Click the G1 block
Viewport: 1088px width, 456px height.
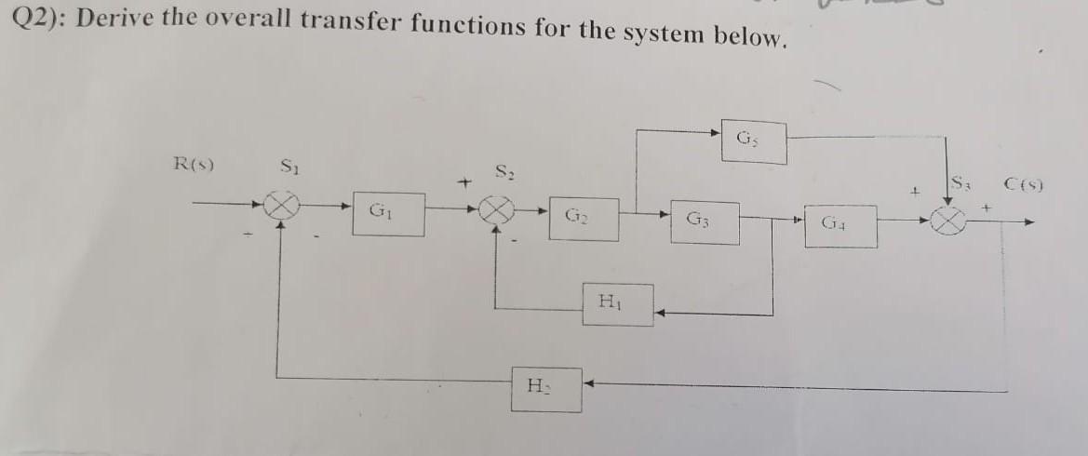[388, 214]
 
